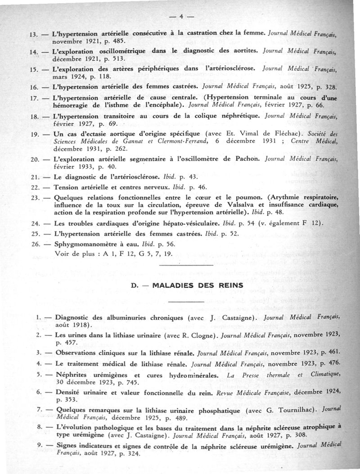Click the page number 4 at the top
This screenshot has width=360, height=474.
click(x=180, y=17)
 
